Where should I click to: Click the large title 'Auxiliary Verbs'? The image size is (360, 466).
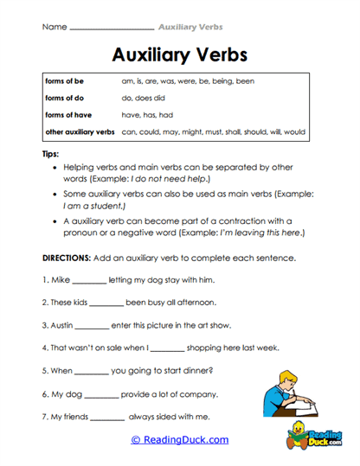180,54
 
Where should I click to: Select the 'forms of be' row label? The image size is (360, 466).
64,80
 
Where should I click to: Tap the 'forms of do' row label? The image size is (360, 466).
64,98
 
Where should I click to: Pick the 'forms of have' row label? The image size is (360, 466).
67,114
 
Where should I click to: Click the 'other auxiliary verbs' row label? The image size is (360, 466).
80,132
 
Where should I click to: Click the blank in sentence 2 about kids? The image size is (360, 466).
106,304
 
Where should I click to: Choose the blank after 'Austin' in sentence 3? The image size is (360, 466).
92,327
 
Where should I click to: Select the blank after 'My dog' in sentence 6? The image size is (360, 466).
101,394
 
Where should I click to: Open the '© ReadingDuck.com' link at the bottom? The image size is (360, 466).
180,440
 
